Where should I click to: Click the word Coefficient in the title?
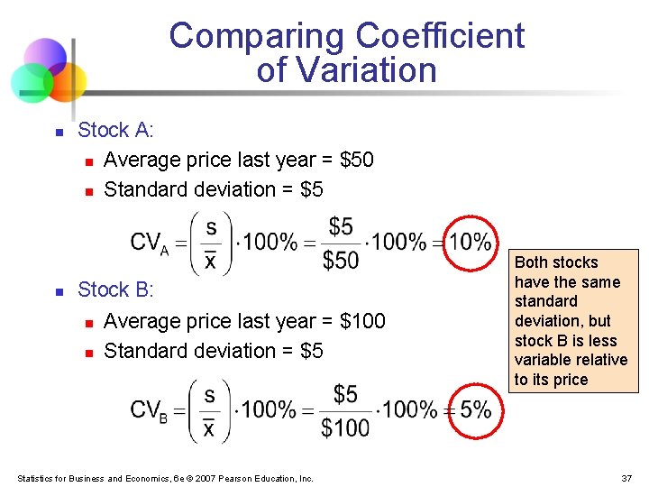pyautogui.click(x=440, y=36)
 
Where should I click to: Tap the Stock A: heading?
pyautogui.click(x=116, y=130)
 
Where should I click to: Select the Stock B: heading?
pyautogui.click(x=116, y=289)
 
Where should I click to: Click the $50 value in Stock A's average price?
pyautogui.click(x=356, y=160)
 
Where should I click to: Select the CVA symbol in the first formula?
pyautogui.click(x=149, y=243)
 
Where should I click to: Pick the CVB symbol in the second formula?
pyautogui.click(x=149, y=410)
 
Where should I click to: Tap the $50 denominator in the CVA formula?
pyautogui.click(x=341, y=261)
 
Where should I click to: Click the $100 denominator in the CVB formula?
pyautogui.click(x=345, y=427)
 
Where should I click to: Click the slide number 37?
pyautogui.click(x=626, y=478)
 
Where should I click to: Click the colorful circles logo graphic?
pyautogui.click(x=48, y=70)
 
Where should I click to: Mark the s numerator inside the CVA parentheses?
pyautogui.click(x=211, y=225)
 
